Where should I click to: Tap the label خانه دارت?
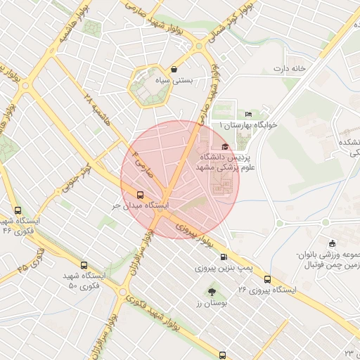[291, 69]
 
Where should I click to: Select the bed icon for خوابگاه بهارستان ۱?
[248, 114]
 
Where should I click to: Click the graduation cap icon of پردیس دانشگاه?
[224, 146]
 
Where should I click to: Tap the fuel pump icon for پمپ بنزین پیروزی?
[224, 257]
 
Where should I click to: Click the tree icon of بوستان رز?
[211, 291]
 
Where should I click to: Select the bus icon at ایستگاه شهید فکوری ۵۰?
[84, 266]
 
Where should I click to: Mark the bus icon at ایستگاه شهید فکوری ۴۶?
[18, 210]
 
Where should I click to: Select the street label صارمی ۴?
[141, 160]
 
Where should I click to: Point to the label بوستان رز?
[211, 302]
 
